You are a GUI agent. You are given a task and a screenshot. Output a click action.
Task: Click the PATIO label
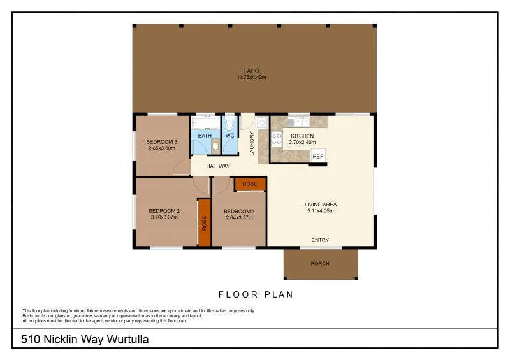point(251,71)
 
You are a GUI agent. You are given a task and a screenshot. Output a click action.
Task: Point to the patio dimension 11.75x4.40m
point(251,78)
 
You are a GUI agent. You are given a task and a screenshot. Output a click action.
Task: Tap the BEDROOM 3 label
point(161,141)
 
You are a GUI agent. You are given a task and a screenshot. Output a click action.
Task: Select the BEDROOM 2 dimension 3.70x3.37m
point(164,217)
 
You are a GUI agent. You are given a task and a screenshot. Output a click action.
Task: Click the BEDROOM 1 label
point(240,211)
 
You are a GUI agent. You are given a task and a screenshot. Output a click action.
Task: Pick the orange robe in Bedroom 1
point(250,184)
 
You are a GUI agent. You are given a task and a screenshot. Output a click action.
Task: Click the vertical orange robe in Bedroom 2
point(204,222)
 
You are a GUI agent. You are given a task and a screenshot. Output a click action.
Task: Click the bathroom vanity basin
point(215,147)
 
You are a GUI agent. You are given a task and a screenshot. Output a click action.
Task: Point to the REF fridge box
point(317,157)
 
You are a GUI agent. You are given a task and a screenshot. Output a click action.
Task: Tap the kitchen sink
point(297,121)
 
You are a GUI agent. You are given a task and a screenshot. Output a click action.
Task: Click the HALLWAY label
point(217,166)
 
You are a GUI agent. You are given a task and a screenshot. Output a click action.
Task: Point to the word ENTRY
point(320,240)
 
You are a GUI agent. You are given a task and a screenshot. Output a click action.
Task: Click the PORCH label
point(320,263)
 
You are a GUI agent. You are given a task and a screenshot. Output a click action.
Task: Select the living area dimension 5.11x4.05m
point(320,211)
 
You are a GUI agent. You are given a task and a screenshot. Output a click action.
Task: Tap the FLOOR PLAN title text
point(255,294)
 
